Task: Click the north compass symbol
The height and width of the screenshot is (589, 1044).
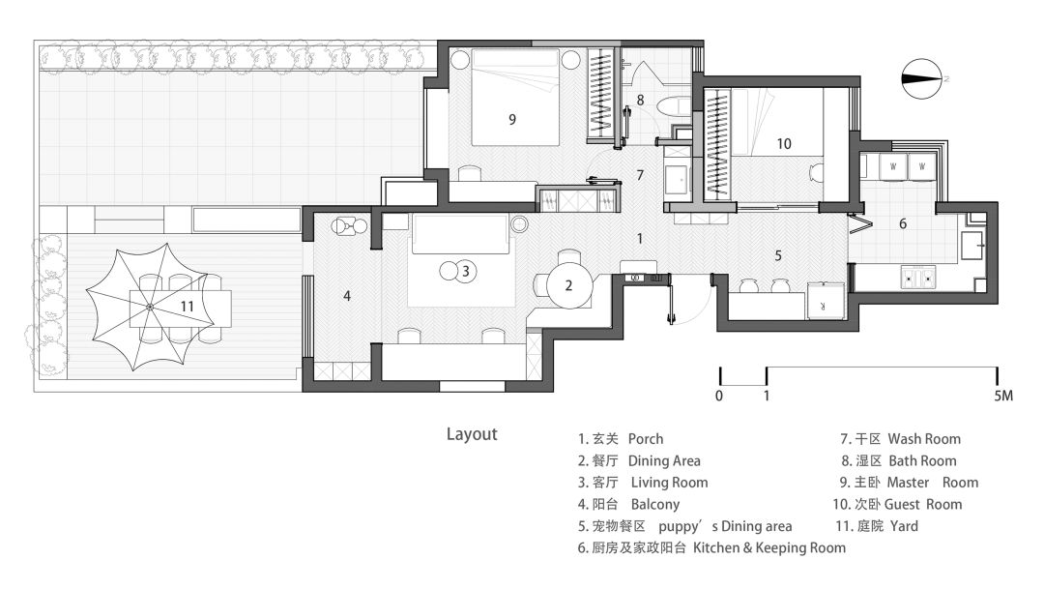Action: point(921,79)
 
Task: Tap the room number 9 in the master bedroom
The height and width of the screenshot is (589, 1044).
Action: point(512,120)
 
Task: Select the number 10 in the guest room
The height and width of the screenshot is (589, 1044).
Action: point(784,144)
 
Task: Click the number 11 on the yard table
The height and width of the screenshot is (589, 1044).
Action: point(187,307)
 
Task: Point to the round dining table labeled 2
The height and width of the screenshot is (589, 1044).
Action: point(569,285)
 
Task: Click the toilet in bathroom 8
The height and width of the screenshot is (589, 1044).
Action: point(674,106)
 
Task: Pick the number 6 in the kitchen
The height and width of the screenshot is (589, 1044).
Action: point(903,223)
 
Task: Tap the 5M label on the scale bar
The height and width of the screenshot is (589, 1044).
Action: point(1003,396)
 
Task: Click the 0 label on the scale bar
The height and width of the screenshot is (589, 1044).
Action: point(719,396)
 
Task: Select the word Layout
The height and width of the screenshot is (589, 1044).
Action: point(472,434)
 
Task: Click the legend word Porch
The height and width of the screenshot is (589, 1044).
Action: point(646,439)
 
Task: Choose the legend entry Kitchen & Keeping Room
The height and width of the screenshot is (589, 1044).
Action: point(769,548)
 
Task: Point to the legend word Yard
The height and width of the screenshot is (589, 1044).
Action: point(904,526)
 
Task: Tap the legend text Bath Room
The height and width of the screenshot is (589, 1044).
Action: point(923,461)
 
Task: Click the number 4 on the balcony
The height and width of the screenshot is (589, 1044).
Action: point(347,296)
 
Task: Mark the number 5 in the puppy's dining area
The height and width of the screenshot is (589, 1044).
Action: point(778,256)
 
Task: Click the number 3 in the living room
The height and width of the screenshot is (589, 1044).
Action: point(465,271)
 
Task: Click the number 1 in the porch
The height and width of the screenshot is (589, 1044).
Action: point(640,239)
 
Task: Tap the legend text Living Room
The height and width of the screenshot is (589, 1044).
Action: point(670,483)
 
